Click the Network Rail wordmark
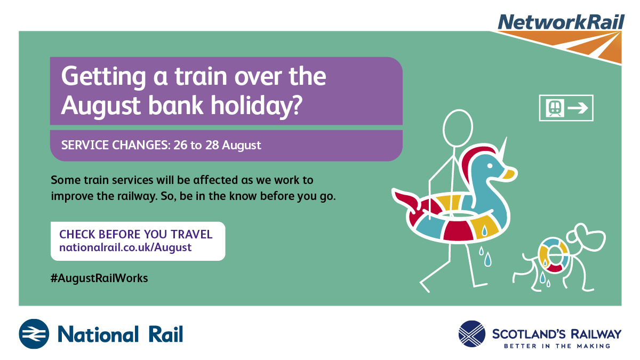[561, 22]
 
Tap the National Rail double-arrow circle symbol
[34, 334]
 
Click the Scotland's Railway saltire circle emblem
[471, 334]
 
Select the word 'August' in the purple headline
[101, 106]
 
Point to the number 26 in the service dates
[180, 145]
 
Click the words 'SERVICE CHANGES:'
[116, 145]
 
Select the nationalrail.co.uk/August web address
[125, 247]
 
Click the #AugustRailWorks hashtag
[99, 278]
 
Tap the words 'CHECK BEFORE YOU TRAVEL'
[135, 234]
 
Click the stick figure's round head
[458, 129]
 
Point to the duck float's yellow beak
[509, 174]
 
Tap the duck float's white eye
[490, 166]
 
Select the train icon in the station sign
[555, 108]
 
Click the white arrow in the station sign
[578, 108]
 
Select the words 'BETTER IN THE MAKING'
[557, 346]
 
